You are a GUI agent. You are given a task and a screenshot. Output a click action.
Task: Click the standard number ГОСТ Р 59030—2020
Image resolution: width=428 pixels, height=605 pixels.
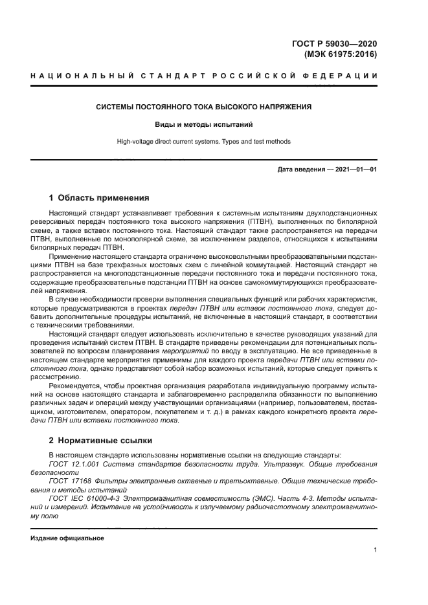pos(334,44)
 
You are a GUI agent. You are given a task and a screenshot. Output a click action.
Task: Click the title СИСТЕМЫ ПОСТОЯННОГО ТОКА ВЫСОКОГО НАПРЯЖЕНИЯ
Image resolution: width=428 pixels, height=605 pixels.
pos(204,106)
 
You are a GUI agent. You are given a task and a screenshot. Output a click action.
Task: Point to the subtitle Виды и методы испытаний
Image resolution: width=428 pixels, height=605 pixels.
pos(204,124)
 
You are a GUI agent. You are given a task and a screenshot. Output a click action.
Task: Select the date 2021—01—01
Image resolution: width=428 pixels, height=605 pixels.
pos(357,170)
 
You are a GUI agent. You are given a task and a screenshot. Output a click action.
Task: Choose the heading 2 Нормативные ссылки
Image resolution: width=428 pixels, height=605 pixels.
pos(100,441)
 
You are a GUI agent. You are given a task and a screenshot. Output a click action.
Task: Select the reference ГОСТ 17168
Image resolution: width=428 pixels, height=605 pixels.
pos(70,481)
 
